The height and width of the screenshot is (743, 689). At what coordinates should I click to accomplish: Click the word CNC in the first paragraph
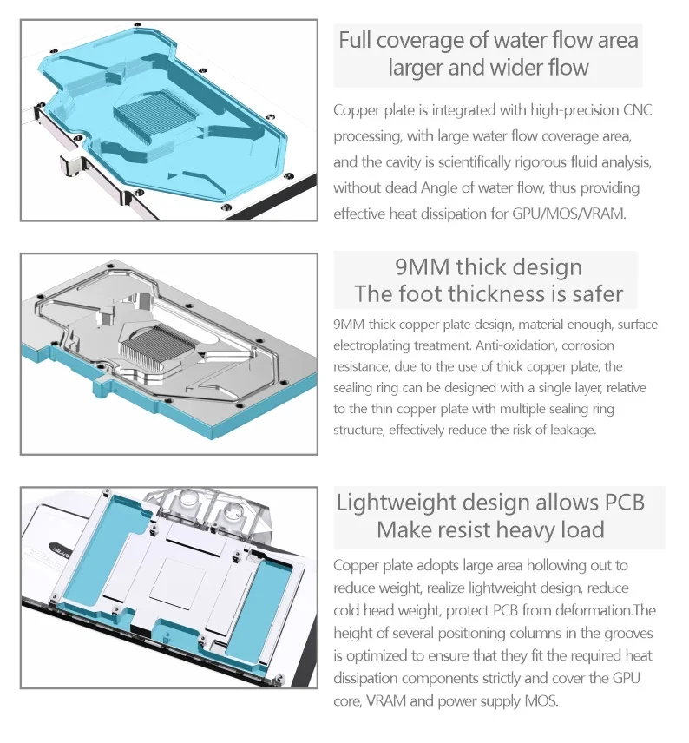coord(637,110)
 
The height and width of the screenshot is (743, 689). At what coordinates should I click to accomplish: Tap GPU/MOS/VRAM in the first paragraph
coord(568,214)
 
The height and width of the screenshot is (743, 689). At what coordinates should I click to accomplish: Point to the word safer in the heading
coord(598,293)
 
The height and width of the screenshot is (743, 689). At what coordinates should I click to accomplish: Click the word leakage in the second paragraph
coord(573,431)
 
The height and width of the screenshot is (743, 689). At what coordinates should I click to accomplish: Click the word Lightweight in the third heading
coord(397,503)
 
